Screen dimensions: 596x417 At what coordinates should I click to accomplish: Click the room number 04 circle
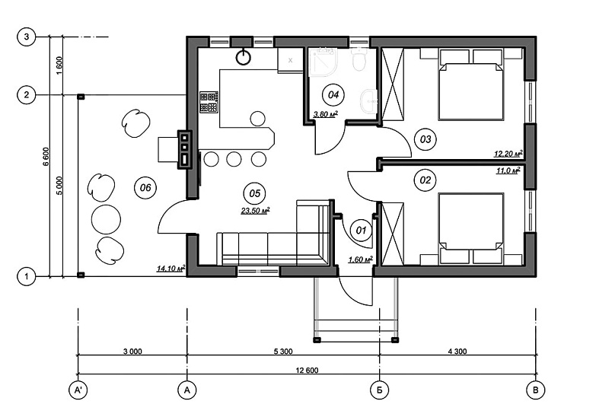tap(333, 94)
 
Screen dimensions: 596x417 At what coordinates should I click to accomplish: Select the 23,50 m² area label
tap(256, 210)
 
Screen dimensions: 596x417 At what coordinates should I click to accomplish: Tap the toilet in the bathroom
tap(359, 59)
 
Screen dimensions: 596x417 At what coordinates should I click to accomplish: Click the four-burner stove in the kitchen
tap(209, 102)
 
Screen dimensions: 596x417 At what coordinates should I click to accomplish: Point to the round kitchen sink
tap(244, 57)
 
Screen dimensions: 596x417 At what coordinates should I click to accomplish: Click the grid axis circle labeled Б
tap(379, 390)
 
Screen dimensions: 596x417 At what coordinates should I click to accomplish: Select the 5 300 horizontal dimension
tap(283, 352)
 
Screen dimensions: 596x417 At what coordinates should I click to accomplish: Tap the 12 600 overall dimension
tap(307, 370)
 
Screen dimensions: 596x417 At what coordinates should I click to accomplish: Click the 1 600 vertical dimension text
tap(59, 65)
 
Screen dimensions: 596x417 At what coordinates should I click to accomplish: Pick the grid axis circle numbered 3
tap(26, 37)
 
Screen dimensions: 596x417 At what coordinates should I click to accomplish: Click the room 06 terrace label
tap(145, 187)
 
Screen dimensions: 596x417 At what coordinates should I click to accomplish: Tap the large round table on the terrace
tap(106, 219)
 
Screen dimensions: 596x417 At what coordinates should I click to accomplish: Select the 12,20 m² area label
tap(508, 154)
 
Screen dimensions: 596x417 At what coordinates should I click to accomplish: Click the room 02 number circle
tap(425, 180)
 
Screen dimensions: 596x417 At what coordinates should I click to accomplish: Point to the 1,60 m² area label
tap(360, 259)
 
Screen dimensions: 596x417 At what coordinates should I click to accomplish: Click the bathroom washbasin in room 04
tap(368, 101)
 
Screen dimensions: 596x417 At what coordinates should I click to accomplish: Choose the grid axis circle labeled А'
tap(78, 390)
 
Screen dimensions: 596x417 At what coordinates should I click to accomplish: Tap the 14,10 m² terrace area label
tap(171, 269)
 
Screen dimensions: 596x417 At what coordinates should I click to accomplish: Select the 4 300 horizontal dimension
tap(457, 352)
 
